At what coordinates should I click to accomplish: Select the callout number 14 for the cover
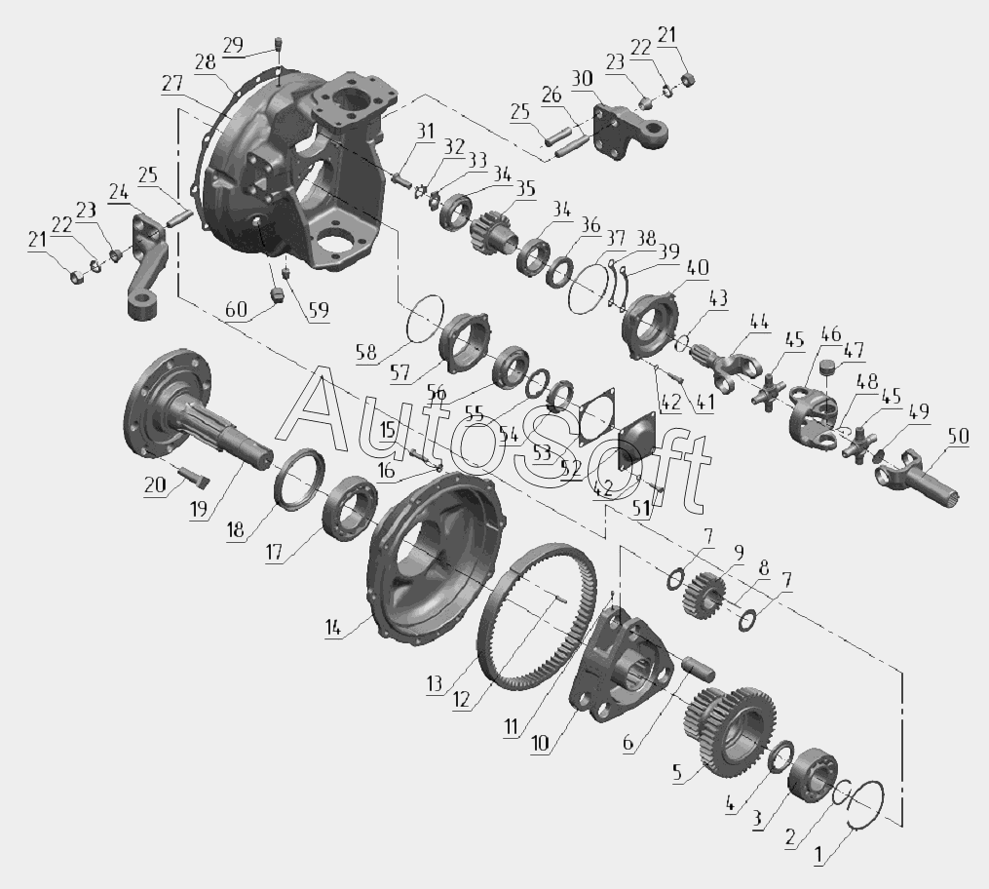pyautogui.click(x=333, y=627)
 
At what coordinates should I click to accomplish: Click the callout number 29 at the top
pyautogui.click(x=233, y=46)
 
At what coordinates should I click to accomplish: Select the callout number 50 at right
pyautogui.click(x=958, y=437)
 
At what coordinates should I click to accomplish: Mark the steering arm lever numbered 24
pyautogui.click(x=147, y=265)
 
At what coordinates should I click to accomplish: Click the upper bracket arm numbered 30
pyautogui.click(x=628, y=130)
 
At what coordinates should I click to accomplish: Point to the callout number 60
pyautogui.click(x=237, y=310)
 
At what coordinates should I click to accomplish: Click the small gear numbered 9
pyautogui.click(x=704, y=596)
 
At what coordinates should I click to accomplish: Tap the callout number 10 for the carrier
pyautogui.click(x=541, y=743)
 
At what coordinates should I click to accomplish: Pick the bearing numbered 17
pyautogui.click(x=350, y=509)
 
